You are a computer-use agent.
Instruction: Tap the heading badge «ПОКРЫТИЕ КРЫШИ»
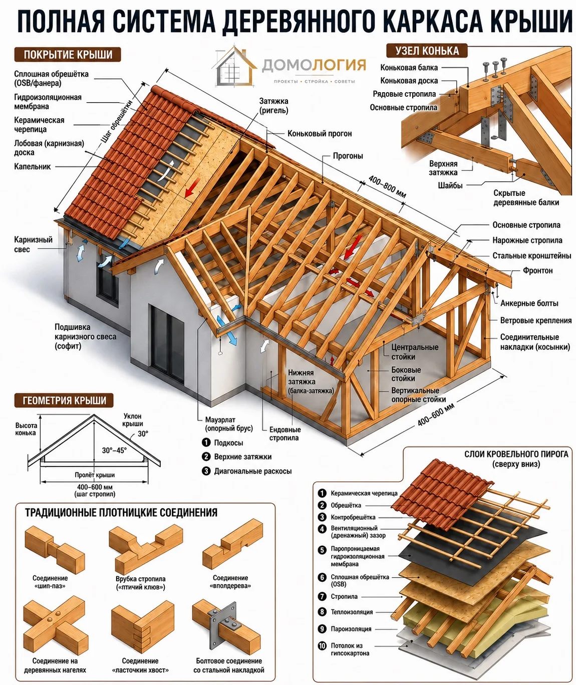68,55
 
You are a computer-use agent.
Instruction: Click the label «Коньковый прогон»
320,133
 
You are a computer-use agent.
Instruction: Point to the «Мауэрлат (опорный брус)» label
229,424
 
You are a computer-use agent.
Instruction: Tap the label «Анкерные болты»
529,303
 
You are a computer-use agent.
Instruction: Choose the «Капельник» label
33,166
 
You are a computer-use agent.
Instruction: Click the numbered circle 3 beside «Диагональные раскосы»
206,471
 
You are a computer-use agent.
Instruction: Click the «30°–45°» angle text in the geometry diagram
114,450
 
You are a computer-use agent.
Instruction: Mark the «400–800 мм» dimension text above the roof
387,187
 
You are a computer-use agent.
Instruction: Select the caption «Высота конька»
26,429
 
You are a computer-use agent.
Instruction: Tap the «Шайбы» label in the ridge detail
450,186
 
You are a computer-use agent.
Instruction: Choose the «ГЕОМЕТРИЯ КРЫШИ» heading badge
64,400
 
